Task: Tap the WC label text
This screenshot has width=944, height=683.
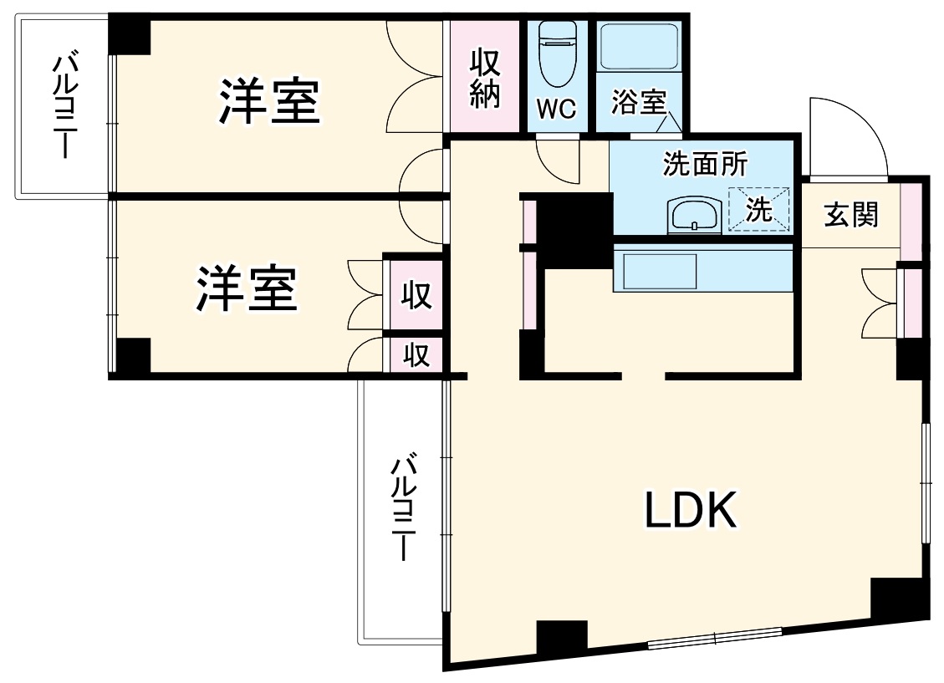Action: point(557,110)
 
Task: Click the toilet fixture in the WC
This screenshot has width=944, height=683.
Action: point(556,55)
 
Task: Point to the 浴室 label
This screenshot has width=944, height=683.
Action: point(638,103)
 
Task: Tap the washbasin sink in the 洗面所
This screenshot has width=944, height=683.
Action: point(693,217)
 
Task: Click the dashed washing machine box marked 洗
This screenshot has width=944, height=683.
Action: point(759,208)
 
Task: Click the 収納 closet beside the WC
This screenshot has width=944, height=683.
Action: point(485,77)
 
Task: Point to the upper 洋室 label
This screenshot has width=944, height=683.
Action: point(269,102)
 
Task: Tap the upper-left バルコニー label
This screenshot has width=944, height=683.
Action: point(64,106)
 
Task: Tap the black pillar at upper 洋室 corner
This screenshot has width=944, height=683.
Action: point(130,34)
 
